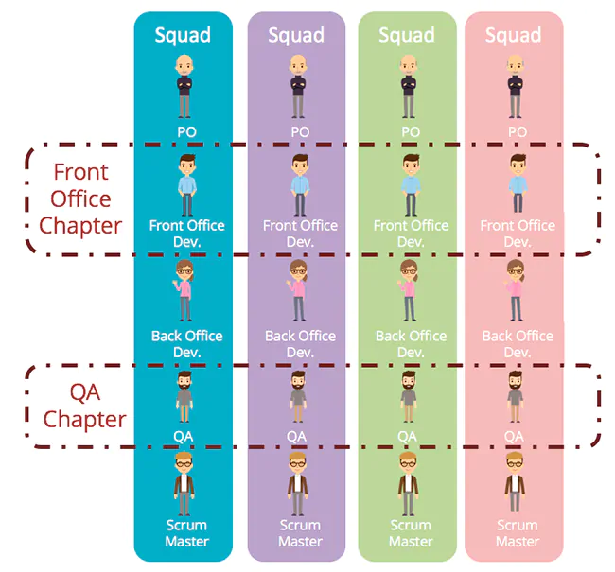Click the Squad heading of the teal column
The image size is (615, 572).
(183, 36)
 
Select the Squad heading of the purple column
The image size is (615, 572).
(296, 36)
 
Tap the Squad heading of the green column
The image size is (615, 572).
(407, 36)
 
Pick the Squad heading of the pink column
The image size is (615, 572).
(514, 36)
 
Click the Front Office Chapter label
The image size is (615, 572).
(80, 199)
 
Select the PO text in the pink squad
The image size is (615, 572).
(517, 131)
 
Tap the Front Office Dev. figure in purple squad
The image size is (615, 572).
(300, 184)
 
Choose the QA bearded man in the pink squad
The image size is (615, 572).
(515, 395)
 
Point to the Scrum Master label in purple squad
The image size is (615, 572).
(300, 533)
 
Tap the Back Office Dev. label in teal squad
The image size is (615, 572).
(186, 343)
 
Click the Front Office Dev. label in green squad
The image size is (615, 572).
(411, 233)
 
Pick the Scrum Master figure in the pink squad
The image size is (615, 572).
(516, 482)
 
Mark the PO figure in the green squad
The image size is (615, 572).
(409, 85)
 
